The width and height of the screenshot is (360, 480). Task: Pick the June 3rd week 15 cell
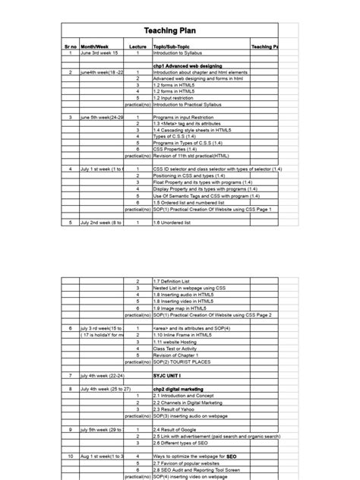pos(100,53)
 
